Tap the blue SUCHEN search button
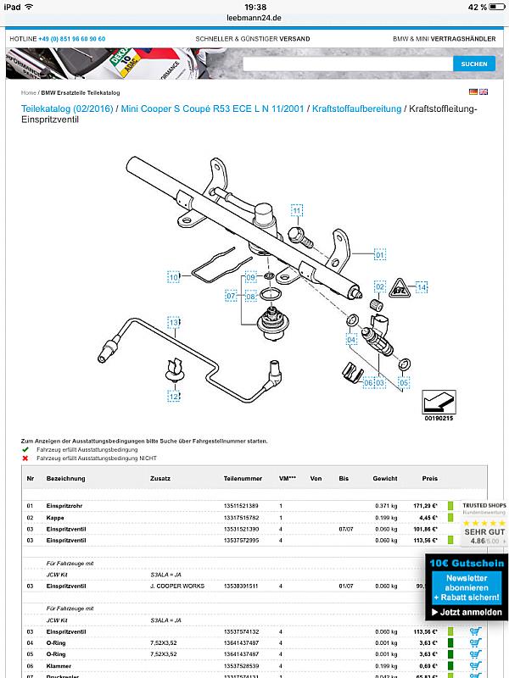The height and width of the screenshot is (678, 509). tap(474, 64)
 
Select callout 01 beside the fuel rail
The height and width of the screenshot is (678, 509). tap(379, 254)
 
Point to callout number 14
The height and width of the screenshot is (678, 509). tap(422, 288)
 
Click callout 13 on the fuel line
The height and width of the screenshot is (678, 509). tap(173, 322)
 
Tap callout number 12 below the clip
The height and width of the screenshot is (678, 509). tap(173, 397)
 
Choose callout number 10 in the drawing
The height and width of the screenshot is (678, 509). tap(173, 277)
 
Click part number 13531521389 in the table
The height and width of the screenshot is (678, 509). tap(241, 506)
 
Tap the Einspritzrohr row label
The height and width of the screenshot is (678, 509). tap(63, 506)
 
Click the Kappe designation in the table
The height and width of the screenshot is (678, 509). tap(55, 517)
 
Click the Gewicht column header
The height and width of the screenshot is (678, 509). tap(385, 479)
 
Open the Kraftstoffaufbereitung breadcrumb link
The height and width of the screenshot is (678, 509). tap(355, 108)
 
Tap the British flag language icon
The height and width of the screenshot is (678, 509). tap(484, 92)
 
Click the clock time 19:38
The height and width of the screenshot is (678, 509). tap(255, 7)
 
